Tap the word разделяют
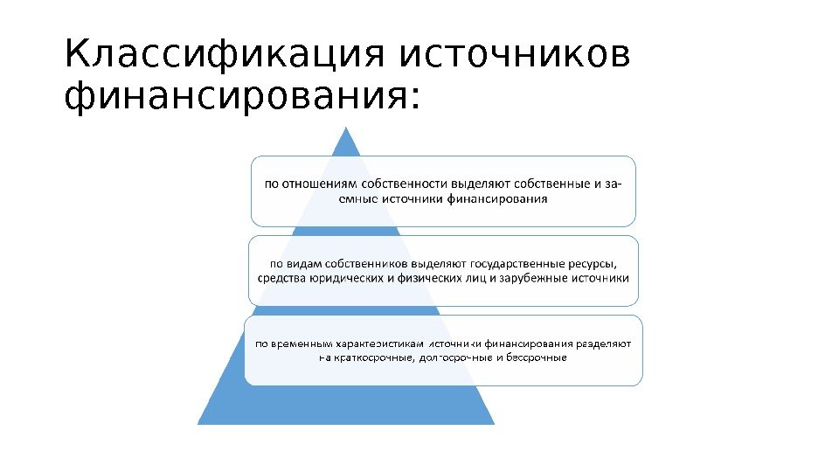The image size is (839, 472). coord(604,344)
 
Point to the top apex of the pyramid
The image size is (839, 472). coord(347,128)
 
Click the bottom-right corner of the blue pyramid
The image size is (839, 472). coord(494,424)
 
